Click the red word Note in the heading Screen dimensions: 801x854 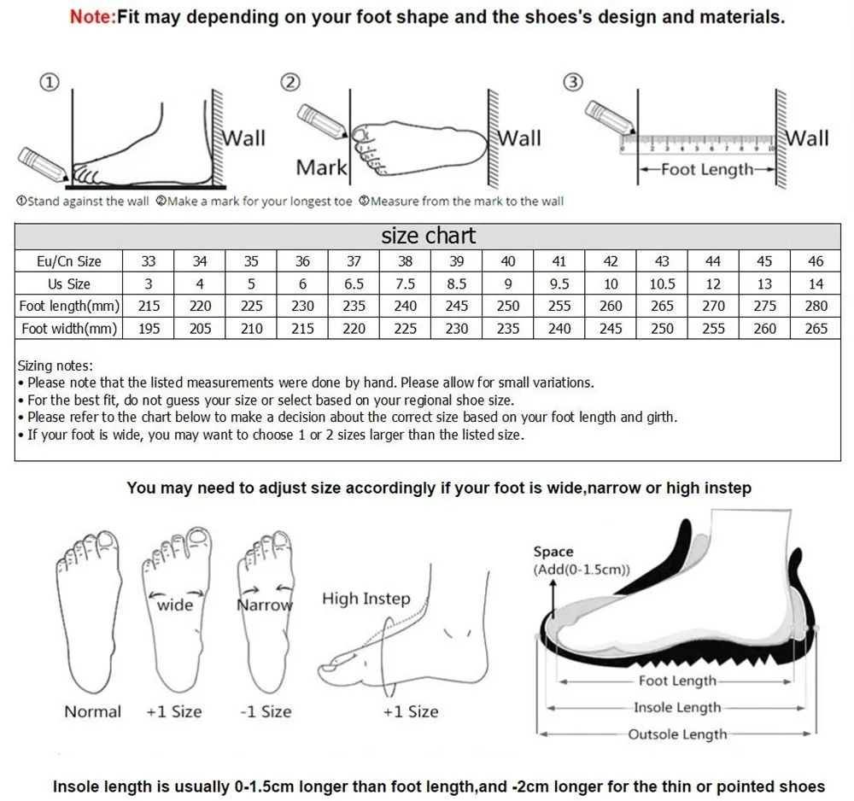pyautogui.click(x=91, y=16)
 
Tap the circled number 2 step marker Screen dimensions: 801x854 pyautogui.click(x=291, y=82)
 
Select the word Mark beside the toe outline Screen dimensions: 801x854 pyautogui.click(x=321, y=167)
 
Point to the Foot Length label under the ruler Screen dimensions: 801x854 pyautogui.click(x=707, y=169)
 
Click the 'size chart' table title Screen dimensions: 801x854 pyautogui.click(x=428, y=236)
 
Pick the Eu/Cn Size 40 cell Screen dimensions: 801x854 pyautogui.click(x=508, y=261)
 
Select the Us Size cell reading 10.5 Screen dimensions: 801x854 pyautogui.click(x=662, y=284)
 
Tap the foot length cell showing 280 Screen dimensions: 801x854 pyautogui.click(x=816, y=306)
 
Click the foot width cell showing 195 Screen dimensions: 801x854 pyautogui.click(x=149, y=328)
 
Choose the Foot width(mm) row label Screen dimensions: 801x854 pyautogui.click(x=70, y=328)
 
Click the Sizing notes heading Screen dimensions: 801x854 pyautogui.click(x=55, y=365)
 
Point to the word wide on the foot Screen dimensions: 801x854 pyautogui.click(x=175, y=605)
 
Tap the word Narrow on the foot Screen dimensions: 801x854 pyautogui.click(x=264, y=605)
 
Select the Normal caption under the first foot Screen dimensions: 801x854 pyautogui.click(x=92, y=711)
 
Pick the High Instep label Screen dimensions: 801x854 pyautogui.click(x=366, y=599)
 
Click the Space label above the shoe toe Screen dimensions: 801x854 pyautogui.click(x=553, y=552)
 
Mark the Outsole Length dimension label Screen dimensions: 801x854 pyautogui.click(x=677, y=734)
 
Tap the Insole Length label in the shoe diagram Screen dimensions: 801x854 pyautogui.click(x=677, y=707)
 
